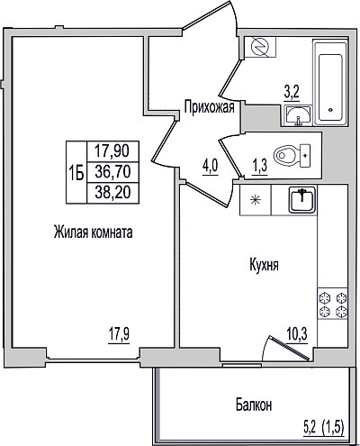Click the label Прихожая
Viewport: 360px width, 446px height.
pyautogui.click(x=209, y=107)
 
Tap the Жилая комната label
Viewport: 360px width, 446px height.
pyautogui.click(x=94, y=232)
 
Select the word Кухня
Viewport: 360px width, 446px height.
pyautogui.click(x=264, y=266)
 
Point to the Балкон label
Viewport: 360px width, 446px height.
pyautogui.click(x=254, y=405)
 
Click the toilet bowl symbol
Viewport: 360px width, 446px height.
pyautogui.click(x=292, y=156)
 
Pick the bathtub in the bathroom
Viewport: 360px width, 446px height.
pyautogui.click(x=330, y=83)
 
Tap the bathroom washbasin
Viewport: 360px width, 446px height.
pyautogui.click(x=298, y=115)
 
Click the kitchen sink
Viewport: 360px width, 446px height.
pyautogui.click(x=302, y=199)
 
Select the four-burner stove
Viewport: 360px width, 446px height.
pyautogui.click(x=333, y=304)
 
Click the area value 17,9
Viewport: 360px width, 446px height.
pyautogui.click(x=119, y=334)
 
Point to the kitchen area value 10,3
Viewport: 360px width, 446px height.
pyautogui.click(x=297, y=334)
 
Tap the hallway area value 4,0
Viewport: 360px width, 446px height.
pyautogui.click(x=211, y=166)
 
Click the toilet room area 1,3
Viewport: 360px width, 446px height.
pyautogui.click(x=259, y=166)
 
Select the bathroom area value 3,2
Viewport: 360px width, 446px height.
pyautogui.click(x=292, y=93)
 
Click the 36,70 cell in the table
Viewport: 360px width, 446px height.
pyautogui.click(x=112, y=172)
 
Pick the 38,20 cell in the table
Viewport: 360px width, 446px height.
pyautogui.click(x=112, y=193)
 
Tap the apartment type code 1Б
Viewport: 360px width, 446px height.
pyautogui.click(x=76, y=173)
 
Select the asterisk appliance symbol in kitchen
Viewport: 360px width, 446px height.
pyautogui.click(x=256, y=200)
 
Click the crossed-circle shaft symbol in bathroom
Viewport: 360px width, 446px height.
pyautogui.click(x=260, y=47)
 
